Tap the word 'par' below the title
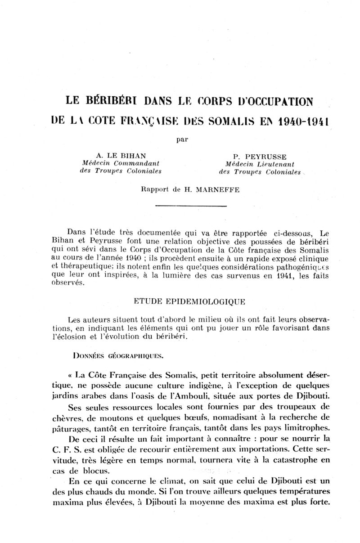182,139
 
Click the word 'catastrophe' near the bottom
293,460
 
